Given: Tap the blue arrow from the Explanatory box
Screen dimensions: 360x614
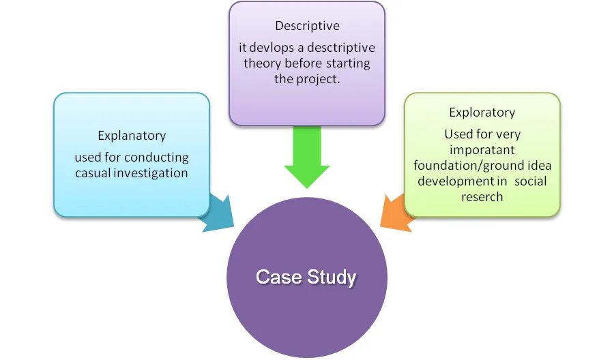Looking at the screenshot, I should tap(217, 213).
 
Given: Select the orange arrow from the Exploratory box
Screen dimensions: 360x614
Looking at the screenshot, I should tap(396, 212).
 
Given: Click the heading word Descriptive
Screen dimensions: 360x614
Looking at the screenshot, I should tap(306, 26).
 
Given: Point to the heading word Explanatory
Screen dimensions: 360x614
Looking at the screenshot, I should tap(131, 136).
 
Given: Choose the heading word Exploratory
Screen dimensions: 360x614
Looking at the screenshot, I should tap(482, 112).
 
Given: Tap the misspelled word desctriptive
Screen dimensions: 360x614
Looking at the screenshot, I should tap(340, 48).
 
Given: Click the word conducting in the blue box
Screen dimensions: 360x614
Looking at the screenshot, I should tap(156, 157).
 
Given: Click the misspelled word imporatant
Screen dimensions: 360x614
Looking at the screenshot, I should tap(482, 150).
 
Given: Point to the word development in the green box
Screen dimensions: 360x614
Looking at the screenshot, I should tap(456, 181).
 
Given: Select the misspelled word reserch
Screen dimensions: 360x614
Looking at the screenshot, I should tap(482, 197).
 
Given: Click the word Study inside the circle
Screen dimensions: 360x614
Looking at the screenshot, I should tap(332, 277).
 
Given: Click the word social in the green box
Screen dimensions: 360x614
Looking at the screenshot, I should tap(531, 181).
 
